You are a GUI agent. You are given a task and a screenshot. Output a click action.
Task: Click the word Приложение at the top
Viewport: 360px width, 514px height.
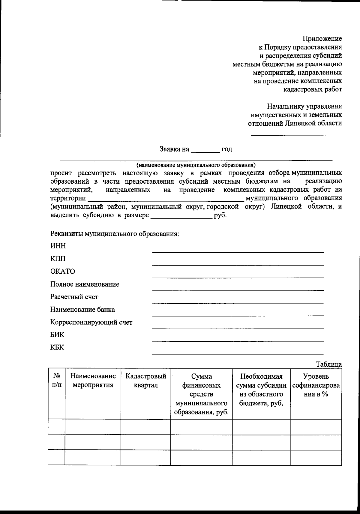pyautogui.click(x=322, y=39)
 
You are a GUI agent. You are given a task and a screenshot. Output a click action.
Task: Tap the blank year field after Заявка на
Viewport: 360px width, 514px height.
pyautogui.click(x=205, y=150)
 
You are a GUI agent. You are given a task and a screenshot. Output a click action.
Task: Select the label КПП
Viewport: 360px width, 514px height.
pyautogui.click(x=58, y=259)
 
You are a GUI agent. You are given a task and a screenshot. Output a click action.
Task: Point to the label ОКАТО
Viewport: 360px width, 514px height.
pyautogui.click(x=63, y=272)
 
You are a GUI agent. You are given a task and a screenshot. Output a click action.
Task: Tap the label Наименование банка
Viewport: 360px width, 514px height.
pyautogui.click(x=82, y=309)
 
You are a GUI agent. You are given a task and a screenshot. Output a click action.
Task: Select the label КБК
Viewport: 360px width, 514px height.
pyautogui.click(x=57, y=348)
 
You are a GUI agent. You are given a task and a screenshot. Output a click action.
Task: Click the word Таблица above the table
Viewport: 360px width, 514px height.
pyautogui.click(x=329, y=365)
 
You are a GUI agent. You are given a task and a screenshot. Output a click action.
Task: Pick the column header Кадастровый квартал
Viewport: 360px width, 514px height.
pyautogui.click(x=146, y=380)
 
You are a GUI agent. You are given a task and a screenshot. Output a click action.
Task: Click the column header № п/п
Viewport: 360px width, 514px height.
pyautogui.click(x=57, y=380)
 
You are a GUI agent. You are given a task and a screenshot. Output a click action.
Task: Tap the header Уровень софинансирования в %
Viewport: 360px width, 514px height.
pyautogui.click(x=316, y=385)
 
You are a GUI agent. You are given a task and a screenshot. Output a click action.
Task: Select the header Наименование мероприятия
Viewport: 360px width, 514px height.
pyautogui.click(x=93, y=380)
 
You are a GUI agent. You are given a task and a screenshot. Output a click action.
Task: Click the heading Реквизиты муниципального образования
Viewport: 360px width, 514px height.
pyautogui.click(x=115, y=234)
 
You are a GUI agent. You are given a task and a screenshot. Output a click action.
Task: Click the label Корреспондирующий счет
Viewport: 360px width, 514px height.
pyautogui.click(x=91, y=323)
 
